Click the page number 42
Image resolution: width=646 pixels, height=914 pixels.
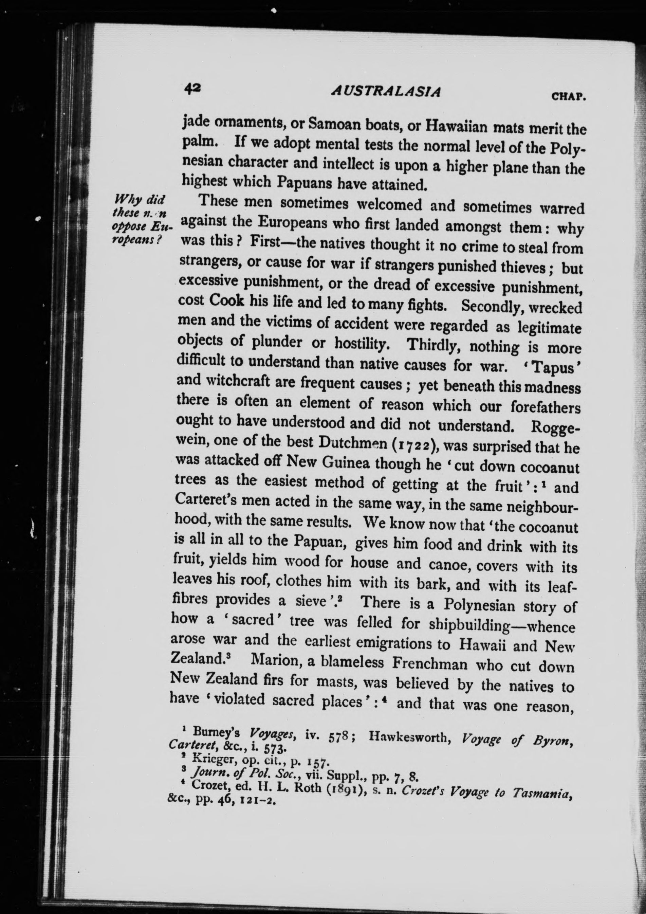pos(192,88)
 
